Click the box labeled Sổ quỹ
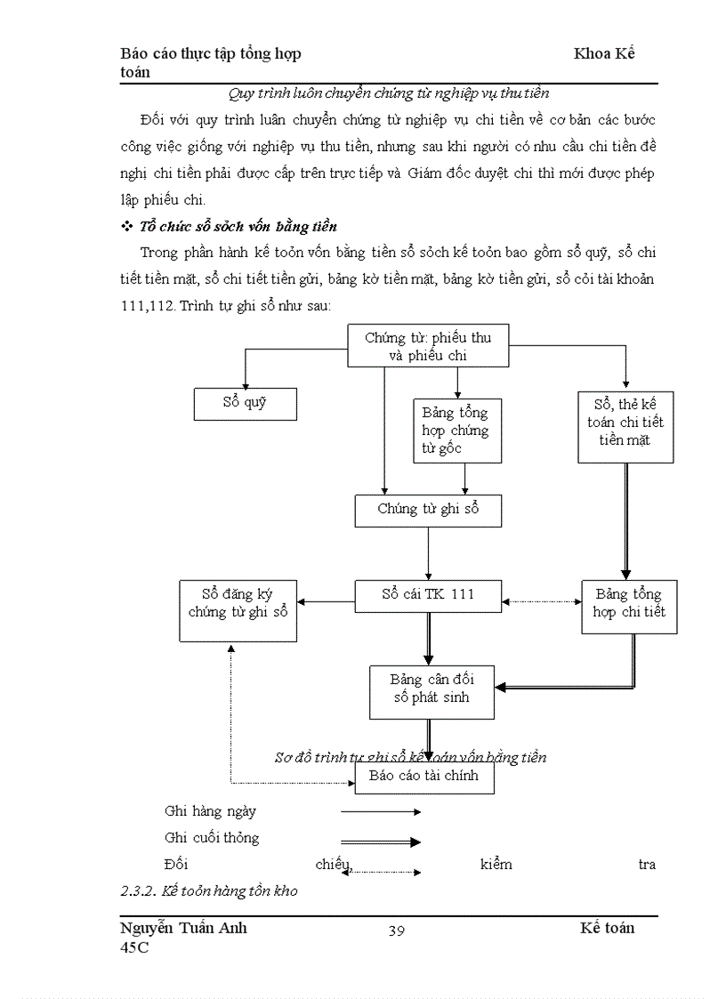245,404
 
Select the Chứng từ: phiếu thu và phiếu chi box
427,346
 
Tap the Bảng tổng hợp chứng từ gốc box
456,431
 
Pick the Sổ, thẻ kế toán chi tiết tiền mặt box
625,426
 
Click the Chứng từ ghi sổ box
427,511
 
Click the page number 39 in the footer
397,931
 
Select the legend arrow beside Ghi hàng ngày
380,812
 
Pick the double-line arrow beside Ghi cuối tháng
380,841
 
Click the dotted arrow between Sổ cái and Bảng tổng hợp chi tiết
541,602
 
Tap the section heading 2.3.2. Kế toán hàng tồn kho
209,890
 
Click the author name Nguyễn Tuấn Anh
183,928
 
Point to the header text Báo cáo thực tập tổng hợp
211,53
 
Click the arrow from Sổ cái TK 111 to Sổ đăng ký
326,602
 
